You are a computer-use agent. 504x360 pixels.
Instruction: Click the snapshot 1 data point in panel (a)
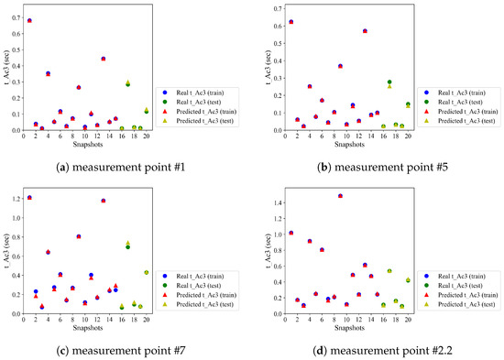click(29, 20)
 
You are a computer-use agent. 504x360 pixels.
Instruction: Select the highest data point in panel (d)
click(341, 195)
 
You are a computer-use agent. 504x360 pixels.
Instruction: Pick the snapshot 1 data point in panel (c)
click(29, 197)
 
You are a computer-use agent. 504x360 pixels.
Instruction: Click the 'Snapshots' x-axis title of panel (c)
click(85, 324)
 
